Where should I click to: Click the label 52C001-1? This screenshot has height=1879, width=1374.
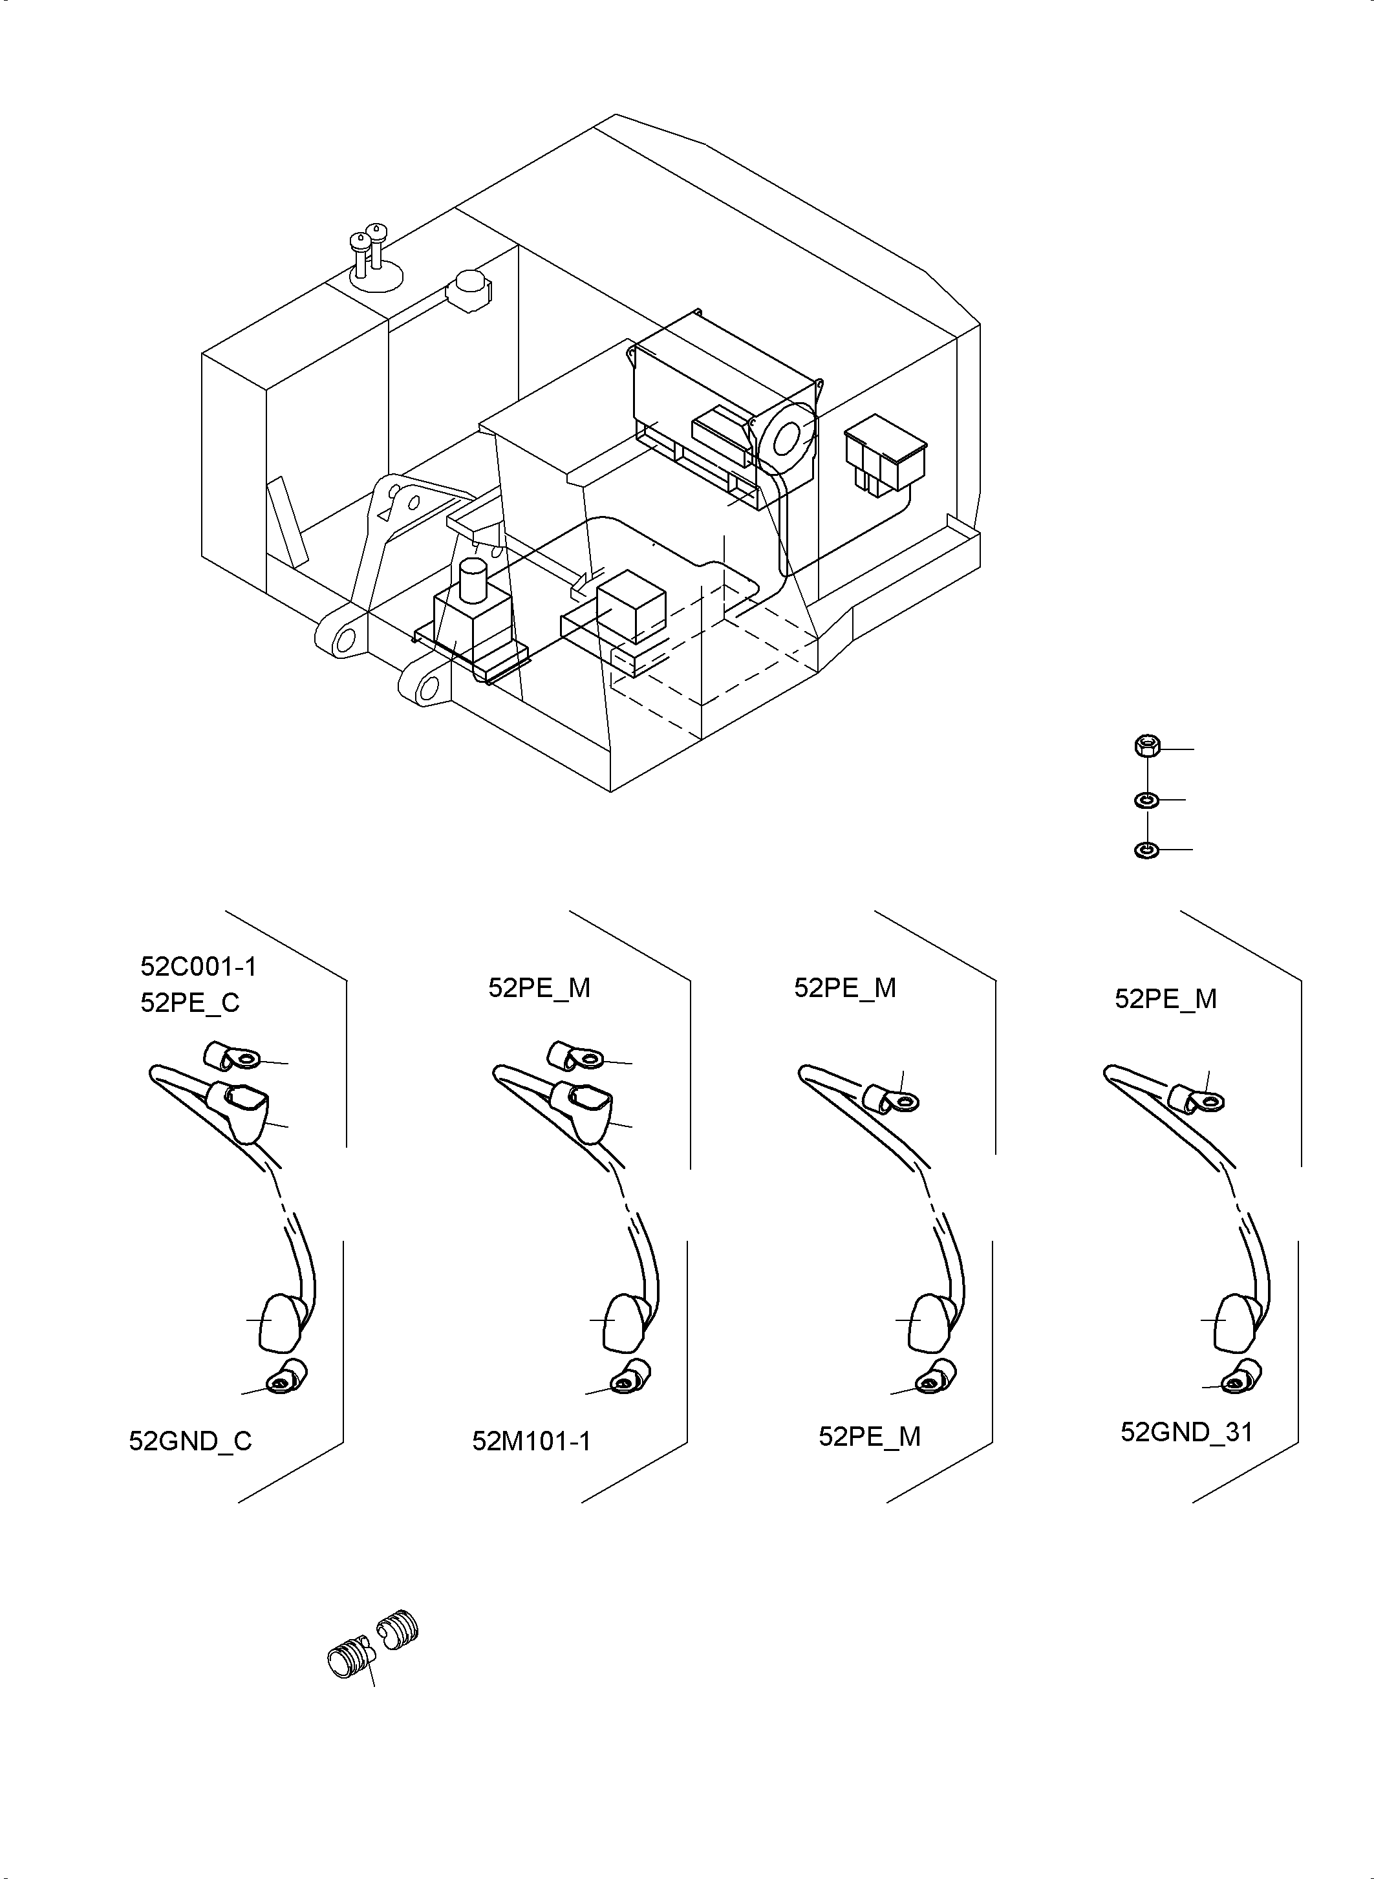coord(198,967)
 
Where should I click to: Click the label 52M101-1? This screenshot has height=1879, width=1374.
coord(531,1441)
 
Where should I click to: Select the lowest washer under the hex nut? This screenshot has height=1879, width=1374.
coord(1146,850)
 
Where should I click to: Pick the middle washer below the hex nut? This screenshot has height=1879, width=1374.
coord(1146,800)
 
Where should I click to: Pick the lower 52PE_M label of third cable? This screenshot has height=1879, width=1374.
coord(869,1437)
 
